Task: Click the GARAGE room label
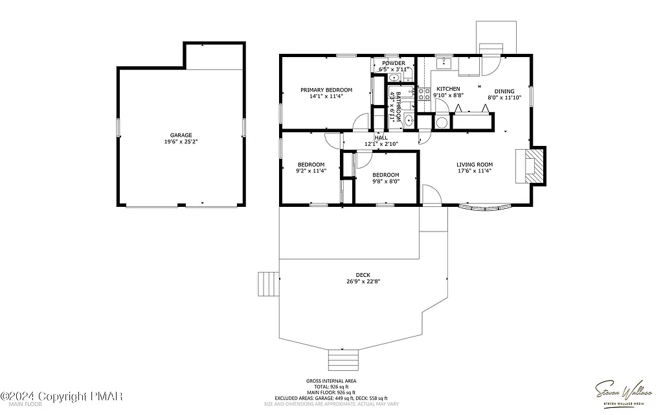tap(181, 135)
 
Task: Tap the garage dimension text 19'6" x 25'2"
tap(181, 141)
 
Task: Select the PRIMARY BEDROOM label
tap(326, 89)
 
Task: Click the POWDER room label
tap(393, 63)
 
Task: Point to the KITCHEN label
tap(448, 89)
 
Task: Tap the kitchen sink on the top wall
tap(444, 64)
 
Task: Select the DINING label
tap(504, 91)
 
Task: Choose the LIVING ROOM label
tap(475, 165)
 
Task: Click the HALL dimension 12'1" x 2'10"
tap(381, 144)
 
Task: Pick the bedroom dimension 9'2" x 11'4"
tap(311, 171)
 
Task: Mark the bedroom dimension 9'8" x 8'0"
tap(385, 182)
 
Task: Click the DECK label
tap(363, 275)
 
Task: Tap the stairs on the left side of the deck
tap(267, 283)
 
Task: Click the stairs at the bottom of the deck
tap(344, 359)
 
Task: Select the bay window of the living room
tap(484, 207)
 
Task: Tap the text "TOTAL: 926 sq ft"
tap(331, 386)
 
